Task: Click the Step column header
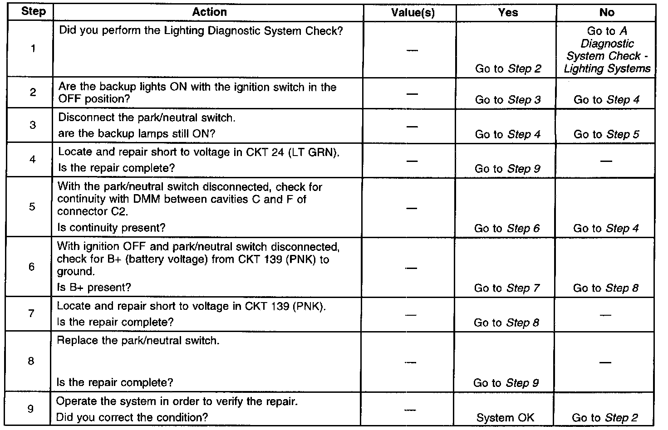click(34, 12)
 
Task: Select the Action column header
click(209, 12)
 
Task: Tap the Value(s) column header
click(413, 13)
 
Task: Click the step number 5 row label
click(32, 207)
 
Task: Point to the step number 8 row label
click(31, 361)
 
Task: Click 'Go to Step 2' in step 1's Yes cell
click(508, 69)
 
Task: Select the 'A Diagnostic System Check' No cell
click(607, 50)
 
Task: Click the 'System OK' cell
click(505, 418)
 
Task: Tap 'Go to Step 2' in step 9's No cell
click(605, 418)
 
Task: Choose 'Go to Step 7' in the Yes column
click(507, 288)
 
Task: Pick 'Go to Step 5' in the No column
click(606, 134)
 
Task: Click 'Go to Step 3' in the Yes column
click(508, 100)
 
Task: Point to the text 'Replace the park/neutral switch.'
click(138, 341)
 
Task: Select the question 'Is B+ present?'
click(94, 287)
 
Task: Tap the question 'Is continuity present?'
click(111, 228)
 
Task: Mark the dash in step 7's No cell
click(605, 315)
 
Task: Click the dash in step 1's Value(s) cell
click(412, 49)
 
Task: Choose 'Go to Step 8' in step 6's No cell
click(606, 288)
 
